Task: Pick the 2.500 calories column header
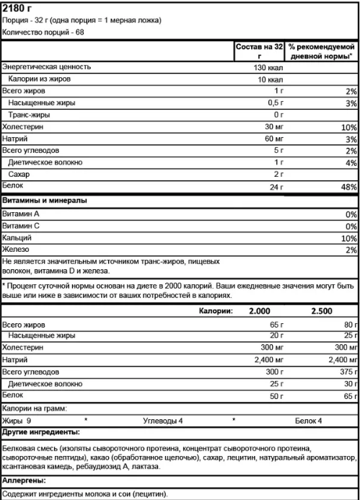[x=322, y=312]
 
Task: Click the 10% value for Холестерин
[x=349, y=127]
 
